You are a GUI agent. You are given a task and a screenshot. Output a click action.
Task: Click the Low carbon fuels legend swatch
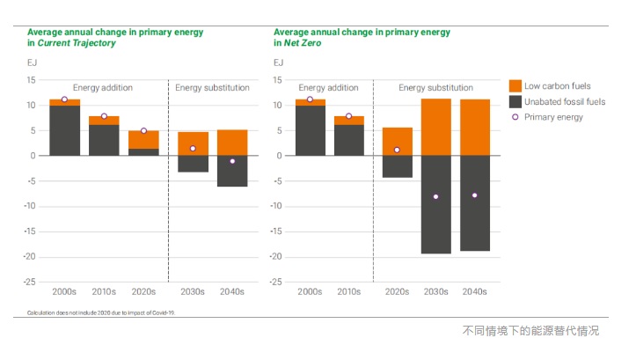click(515, 86)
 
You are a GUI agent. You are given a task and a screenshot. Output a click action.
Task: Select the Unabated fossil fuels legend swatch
click(515, 101)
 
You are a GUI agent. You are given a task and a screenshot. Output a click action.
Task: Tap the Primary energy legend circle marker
click(515, 116)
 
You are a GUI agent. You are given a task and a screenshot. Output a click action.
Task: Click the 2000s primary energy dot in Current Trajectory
click(64, 99)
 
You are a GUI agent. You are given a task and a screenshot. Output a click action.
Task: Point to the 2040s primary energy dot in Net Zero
click(475, 195)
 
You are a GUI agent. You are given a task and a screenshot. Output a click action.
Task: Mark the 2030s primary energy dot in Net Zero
click(435, 196)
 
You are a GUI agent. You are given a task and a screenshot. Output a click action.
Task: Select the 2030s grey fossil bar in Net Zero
click(435, 204)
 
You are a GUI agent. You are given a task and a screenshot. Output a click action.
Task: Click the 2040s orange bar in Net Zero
click(475, 128)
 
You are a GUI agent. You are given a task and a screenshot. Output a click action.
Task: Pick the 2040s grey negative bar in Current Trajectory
click(232, 171)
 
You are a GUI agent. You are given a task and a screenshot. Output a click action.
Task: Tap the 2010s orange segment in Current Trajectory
click(104, 121)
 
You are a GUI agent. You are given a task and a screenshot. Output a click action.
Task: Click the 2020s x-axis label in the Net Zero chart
click(397, 291)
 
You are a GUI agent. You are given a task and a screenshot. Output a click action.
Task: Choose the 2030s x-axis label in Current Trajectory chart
click(193, 291)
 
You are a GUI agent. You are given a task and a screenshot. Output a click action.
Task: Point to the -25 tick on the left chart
click(30, 283)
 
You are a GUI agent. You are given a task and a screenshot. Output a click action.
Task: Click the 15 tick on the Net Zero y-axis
click(278, 80)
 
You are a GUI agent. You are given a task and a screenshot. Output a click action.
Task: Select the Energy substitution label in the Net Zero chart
click(435, 88)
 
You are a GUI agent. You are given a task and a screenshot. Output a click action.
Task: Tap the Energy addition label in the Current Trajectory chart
click(104, 88)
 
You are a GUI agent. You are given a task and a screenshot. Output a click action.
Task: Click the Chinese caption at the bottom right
click(530, 331)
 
